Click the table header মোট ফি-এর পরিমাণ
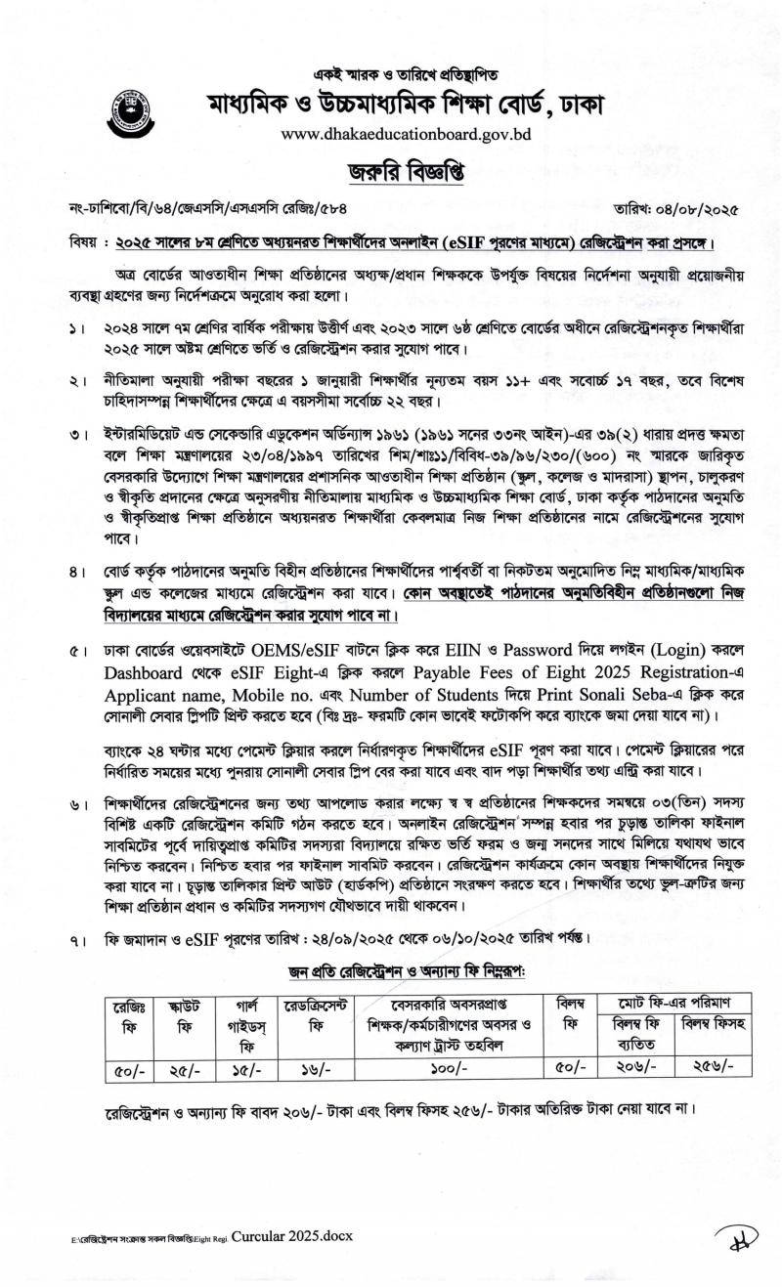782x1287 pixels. click(x=667, y=1002)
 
